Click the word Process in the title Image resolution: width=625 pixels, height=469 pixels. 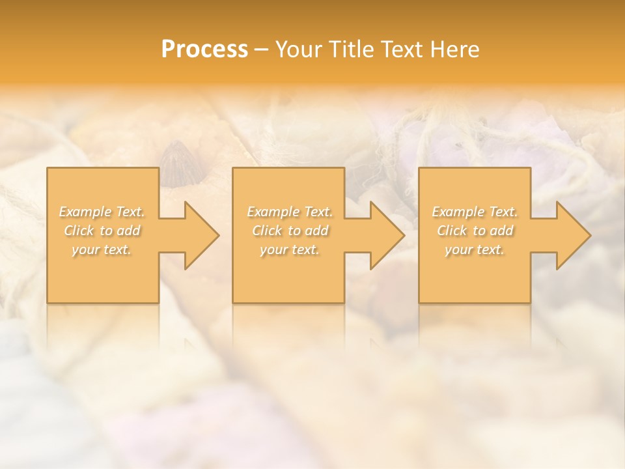pos(204,50)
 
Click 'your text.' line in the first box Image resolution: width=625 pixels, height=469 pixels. pos(102,249)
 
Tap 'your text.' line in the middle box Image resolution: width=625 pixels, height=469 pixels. pos(290,249)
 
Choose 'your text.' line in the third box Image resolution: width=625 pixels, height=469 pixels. pos(475,249)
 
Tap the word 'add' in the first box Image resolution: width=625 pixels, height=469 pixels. pos(129,231)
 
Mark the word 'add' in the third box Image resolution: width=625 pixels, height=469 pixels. pos(502,231)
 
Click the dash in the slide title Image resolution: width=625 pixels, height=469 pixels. pos(262,50)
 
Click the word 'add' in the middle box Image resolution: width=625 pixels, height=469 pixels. pos(317,231)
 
